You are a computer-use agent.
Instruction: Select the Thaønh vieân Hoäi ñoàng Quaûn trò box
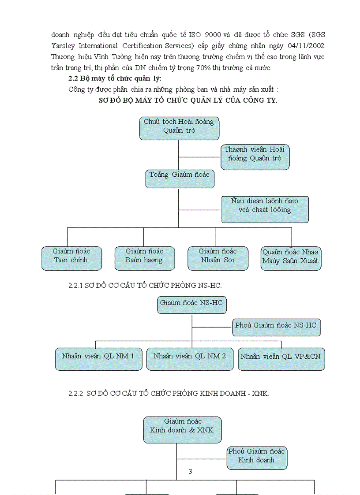pyautogui.click(x=255, y=156)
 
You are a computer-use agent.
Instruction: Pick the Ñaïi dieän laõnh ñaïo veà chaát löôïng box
pyautogui.click(x=265, y=209)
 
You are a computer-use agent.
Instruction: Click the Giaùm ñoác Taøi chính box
pyautogui.click(x=71, y=258)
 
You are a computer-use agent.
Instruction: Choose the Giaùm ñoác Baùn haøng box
pyautogui.click(x=144, y=258)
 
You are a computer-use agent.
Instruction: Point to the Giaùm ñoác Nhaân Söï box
pyautogui.click(x=217, y=258)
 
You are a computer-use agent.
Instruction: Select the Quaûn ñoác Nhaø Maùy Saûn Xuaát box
pyautogui.click(x=291, y=258)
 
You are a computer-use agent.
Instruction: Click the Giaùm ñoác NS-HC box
pyautogui.click(x=191, y=305)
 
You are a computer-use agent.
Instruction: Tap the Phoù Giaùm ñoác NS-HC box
pyautogui.click(x=276, y=327)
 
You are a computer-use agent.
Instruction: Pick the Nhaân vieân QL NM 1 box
pyautogui.click(x=98, y=358)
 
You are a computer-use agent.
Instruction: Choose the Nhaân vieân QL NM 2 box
pyautogui.click(x=190, y=358)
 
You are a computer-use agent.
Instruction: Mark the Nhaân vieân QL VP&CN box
pyautogui.click(x=281, y=358)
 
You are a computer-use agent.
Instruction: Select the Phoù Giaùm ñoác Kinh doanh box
pyautogui.click(x=257, y=458)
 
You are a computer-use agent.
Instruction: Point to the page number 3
pyautogui.click(x=190, y=471)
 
